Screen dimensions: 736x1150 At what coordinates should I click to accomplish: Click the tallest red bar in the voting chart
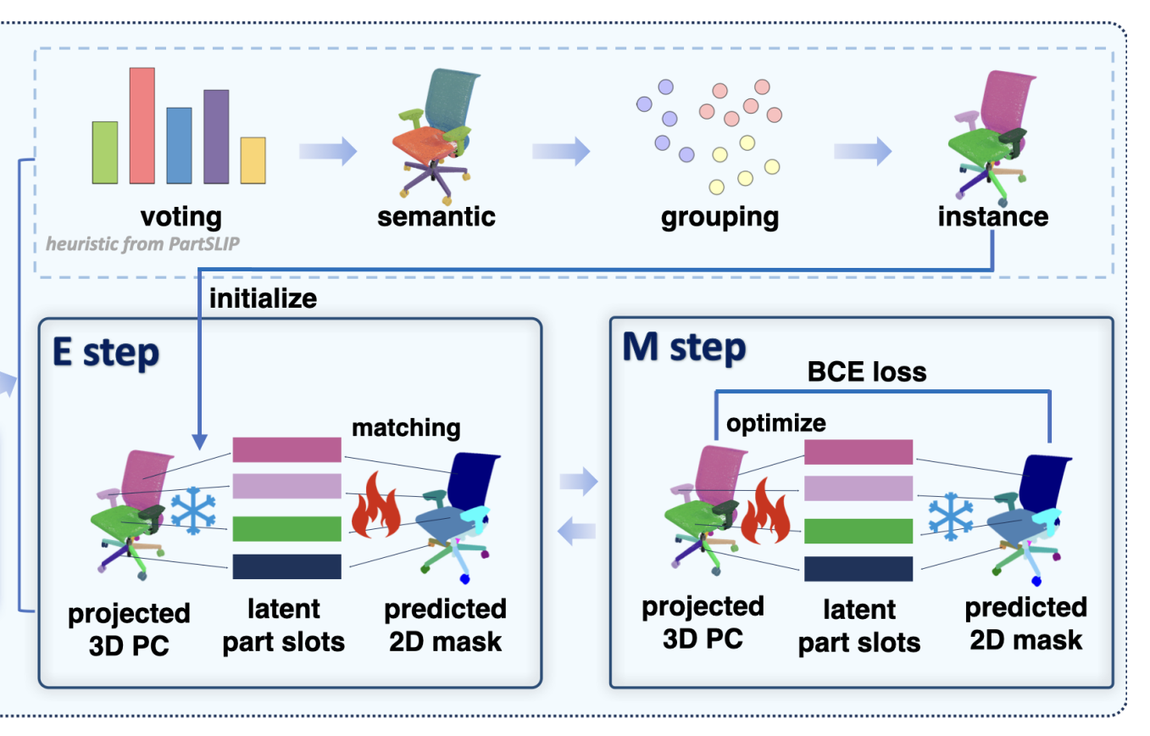(142, 125)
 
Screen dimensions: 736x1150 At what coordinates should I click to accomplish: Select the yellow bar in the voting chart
(253, 160)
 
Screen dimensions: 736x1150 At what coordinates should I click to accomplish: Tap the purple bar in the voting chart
(216, 137)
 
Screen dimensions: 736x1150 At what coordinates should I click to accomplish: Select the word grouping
(719, 216)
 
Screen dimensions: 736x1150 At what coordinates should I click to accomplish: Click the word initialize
(263, 298)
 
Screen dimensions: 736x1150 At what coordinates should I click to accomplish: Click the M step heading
(684, 348)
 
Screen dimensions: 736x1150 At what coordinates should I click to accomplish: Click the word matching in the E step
(406, 427)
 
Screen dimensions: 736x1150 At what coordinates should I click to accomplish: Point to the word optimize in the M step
(775, 421)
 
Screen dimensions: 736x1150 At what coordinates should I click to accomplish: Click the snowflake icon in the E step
(193, 511)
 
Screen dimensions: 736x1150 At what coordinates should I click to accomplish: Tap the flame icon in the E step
(375, 507)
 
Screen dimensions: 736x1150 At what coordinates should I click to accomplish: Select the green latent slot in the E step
(286, 527)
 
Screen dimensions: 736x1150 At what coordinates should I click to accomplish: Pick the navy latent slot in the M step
(858, 569)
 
